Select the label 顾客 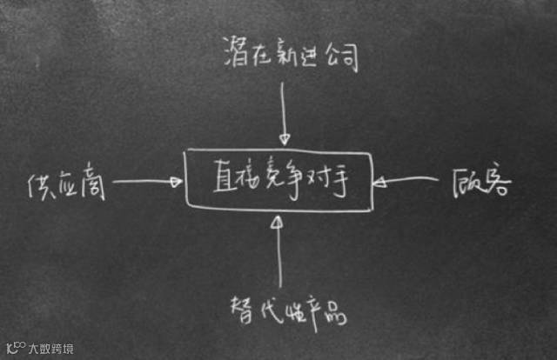484,183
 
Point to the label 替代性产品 288,311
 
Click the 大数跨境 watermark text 52,349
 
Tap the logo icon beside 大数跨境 14,348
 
